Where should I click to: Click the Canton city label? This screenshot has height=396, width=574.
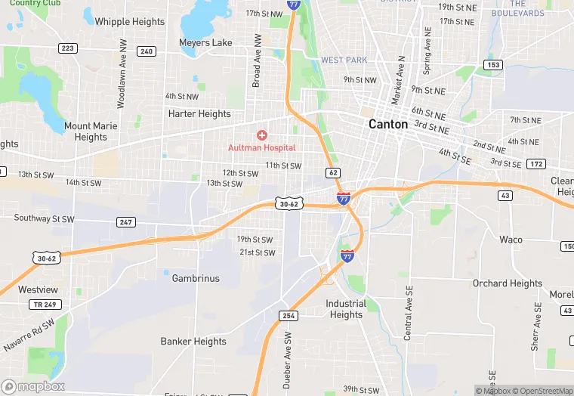388,124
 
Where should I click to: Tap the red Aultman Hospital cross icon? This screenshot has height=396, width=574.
262,135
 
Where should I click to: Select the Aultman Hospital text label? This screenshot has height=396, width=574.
262,147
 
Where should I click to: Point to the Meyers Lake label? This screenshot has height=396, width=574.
205,43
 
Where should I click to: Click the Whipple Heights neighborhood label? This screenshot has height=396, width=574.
129,22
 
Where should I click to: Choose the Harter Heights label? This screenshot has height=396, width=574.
199,114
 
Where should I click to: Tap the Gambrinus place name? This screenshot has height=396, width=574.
196,278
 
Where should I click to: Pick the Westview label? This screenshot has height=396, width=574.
38,289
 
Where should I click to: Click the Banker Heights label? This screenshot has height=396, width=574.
193,342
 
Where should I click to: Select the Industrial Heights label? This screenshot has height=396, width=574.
346,309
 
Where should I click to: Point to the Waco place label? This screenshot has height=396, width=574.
511,240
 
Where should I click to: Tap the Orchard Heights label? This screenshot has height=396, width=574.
508,283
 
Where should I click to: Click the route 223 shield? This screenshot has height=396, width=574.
68,48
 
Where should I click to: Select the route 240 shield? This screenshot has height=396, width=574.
147,51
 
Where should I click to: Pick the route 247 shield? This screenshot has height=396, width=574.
126,222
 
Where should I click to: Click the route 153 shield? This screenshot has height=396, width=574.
493,65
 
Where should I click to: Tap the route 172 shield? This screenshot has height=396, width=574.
536,164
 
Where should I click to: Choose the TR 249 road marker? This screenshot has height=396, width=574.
44,304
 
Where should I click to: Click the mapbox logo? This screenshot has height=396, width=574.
32,386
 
